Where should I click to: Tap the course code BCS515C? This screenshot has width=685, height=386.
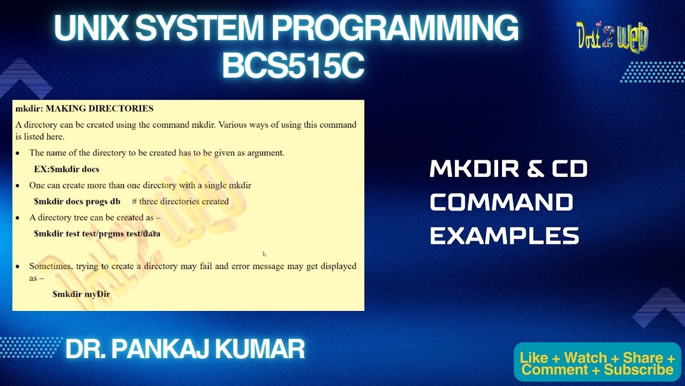[x=293, y=66]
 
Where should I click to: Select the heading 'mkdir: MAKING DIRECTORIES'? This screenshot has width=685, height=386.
[x=85, y=108]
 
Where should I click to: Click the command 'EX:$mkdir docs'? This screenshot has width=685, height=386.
[x=66, y=169]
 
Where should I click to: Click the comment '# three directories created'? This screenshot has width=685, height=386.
[x=180, y=202]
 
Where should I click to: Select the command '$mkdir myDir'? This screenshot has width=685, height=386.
[x=81, y=294]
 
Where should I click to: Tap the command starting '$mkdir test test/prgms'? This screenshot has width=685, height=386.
[x=97, y=234]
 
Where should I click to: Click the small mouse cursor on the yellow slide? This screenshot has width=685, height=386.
[x=264, y=254]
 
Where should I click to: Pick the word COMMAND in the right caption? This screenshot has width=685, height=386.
[x=501, y=203]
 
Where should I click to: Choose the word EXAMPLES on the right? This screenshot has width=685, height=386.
[x=504, y=236]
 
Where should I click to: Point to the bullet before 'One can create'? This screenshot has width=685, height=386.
[x=18, y=185]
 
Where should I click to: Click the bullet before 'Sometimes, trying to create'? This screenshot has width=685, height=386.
[x=18, y=266]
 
